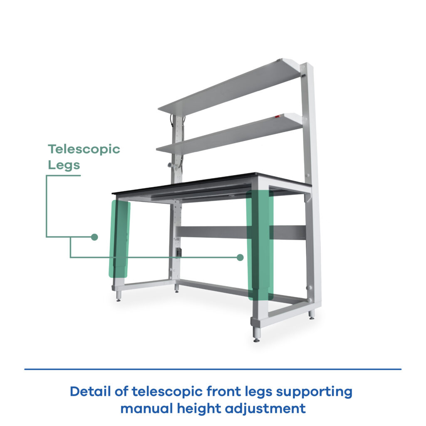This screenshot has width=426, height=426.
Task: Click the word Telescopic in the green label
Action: click(84, 149)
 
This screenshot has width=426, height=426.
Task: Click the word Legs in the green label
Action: click(64, 165)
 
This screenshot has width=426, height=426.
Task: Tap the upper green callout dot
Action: click(94, 237)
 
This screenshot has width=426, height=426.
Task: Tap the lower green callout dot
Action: click(240, 258)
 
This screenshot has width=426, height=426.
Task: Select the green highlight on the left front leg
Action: click(119, 239)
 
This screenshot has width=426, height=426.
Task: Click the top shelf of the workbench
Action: click(231, 87)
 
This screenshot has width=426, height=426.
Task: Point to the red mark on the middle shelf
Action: click(277, 117)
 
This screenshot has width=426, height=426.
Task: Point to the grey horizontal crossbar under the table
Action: click(240, 232)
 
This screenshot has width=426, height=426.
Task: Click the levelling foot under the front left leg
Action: click(119, 296)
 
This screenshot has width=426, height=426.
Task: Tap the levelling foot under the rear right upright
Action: click(311, 315)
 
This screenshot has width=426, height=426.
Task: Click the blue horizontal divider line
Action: click(213, 369)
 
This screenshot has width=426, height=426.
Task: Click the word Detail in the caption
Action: click(90, 392)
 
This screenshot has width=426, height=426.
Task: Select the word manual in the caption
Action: click(146, 409)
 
